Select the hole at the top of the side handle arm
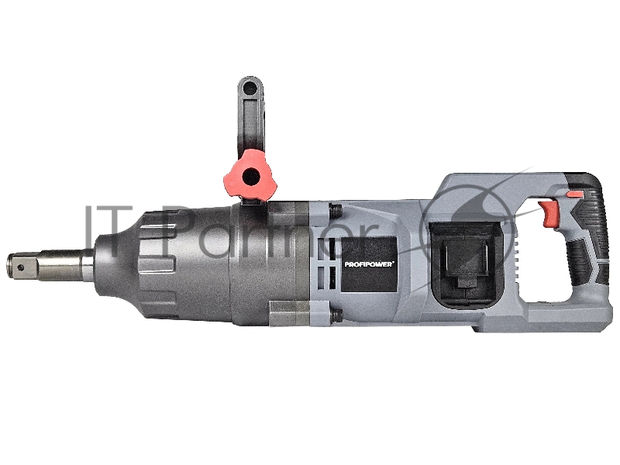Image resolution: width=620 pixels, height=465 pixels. (x=250, y=89)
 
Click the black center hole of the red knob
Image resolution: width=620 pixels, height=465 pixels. (x=251, y=177)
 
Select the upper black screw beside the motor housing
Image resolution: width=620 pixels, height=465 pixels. (x=335, y=210)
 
